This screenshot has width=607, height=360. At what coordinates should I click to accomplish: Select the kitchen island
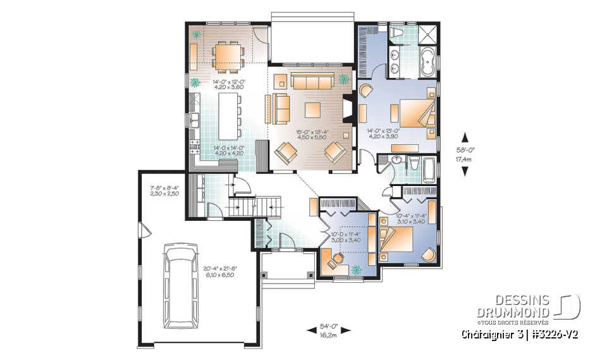click(x=226, y=116)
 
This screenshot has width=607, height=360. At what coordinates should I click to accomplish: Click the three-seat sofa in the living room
click(x=312, y=82)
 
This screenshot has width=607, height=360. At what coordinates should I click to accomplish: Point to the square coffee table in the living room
click(x=313, y=110)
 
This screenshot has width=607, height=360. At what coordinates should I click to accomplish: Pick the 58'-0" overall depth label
click(x=465, y=151)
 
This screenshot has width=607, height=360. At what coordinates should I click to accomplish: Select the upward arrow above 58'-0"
click(x=465, y=137)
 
